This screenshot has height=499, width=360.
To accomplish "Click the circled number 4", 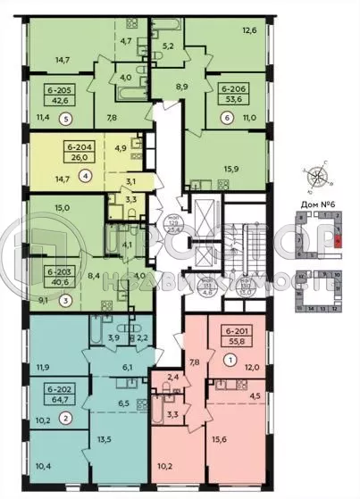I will pos(83,177).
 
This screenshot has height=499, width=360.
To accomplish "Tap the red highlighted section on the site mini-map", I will pos(339,239).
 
